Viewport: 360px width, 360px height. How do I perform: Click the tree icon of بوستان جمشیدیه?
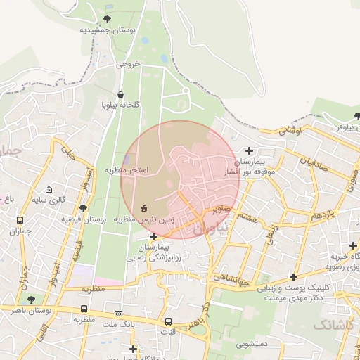pyautogui.click(x=107, y=19)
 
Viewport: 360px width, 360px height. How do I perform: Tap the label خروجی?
pyautogui.click(x=128, y=63)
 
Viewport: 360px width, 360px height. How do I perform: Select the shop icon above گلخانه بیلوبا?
pyautogui.click(x=120, y=94)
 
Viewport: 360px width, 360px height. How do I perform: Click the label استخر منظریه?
pyautogui.click(x=127, y=170)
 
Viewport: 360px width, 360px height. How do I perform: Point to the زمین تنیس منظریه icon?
pyautogui.click(x=144, y=208)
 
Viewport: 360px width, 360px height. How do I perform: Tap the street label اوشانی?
pyautogui.click(x=290, y=130)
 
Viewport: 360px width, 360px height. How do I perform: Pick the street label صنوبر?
pyautogui.click(x=219, y=208)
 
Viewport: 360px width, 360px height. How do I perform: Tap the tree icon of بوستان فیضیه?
pyautogui.click(x=84, y=208)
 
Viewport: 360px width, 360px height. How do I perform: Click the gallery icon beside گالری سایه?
pyautogui.click(x=49, y=190)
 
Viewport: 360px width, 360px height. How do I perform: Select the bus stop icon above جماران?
pyautogui.click(x=20, y=219)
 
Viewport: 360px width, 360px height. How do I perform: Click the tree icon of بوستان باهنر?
pyautogui.click(x=30, y=300)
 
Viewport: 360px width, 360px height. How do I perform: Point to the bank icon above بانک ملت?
pyautogui.click(x=118, y=314)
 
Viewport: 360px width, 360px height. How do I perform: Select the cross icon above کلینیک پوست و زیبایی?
pyautogui.click(x=292, y=277)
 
